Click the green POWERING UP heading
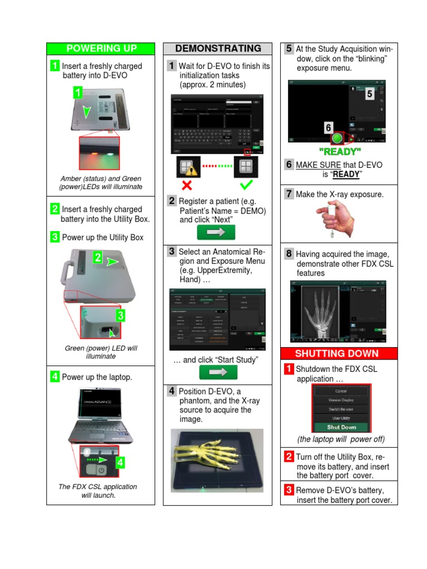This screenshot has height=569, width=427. coord(101,48)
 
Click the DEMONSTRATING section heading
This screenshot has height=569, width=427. coord(217,48)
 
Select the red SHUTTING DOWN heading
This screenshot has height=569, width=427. coord(339,353)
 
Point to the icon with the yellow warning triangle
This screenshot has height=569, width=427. coord(187,167)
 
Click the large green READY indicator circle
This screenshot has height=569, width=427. coord(337,138)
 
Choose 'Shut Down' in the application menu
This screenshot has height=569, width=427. coord(341,427)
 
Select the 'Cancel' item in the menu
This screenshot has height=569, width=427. coord(341,391)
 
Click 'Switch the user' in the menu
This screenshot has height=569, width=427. coord(341,409)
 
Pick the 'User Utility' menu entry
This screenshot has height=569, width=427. coord(341,418)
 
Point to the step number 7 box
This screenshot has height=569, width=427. coord(289,193)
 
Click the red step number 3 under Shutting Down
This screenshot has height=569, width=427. coord(289,490)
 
